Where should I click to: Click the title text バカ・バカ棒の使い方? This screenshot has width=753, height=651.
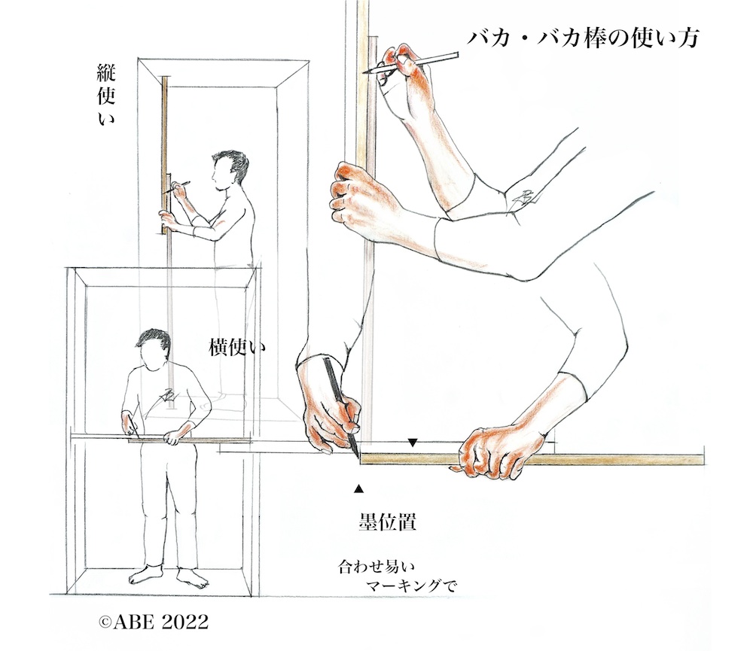tap(583, 37)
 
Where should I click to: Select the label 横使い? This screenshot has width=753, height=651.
tap(236, 348)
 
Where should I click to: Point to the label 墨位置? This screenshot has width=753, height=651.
tap(387, 522)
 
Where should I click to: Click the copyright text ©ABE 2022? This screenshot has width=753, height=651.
tap(153, 622)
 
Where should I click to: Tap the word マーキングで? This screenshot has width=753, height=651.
tap(410, 586)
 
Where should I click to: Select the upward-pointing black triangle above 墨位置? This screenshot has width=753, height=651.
tap(358, 488)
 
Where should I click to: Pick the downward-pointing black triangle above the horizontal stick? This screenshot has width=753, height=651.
tap(412, 443)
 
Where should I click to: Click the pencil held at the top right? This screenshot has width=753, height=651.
tap(410, 63)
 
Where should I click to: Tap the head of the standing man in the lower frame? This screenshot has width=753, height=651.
tap(153, 349)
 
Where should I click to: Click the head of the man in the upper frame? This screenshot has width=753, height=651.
tap(230, 170)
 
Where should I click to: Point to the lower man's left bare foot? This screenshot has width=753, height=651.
tap(192, 576)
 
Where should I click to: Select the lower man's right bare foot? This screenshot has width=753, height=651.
tap(145, 575)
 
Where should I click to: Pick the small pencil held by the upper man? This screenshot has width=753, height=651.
tap(175, 187)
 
